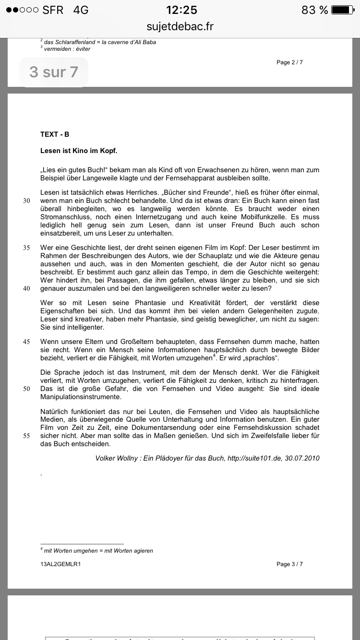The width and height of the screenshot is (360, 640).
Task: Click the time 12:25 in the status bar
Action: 181,10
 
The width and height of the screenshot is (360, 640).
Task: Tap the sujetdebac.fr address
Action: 180,26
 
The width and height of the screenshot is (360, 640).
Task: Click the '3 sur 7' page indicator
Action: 54,72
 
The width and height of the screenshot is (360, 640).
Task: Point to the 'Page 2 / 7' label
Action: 289,62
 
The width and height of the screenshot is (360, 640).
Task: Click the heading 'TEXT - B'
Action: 55,135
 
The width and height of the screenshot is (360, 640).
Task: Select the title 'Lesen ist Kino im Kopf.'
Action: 79,151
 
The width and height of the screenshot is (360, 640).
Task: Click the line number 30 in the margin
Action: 26,201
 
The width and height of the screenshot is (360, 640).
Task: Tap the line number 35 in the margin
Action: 26,248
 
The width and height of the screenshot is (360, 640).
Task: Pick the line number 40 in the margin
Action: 26,288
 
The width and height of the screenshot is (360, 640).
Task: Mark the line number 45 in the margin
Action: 26,342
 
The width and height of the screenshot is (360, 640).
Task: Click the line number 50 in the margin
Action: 26,389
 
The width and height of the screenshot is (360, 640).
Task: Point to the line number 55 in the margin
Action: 26,436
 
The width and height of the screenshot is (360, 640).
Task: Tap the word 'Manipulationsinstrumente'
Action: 81,397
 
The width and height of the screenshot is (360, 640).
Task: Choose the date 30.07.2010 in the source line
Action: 302,458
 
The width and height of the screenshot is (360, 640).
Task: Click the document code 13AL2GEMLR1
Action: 60,564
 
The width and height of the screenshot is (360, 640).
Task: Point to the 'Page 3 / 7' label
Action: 289,564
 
